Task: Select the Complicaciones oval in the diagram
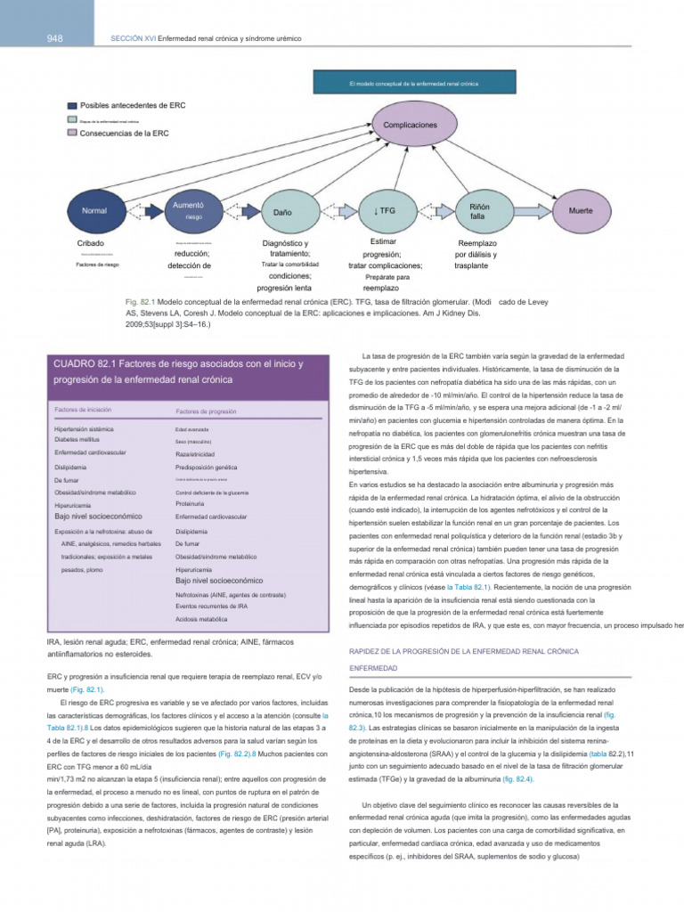pos(410,126)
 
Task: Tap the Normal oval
pos(94,211)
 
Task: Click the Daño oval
pos(282,212)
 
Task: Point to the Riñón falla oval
pos(478,211)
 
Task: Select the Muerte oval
pos(580,211)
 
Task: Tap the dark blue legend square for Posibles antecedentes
pos(72,104)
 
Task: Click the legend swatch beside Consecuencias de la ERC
pos(72,133)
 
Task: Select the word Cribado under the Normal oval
pos(91,243)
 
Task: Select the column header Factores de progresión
pos(206,411)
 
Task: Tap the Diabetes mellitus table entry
pos(84,440)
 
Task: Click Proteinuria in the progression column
pos(191,504)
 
